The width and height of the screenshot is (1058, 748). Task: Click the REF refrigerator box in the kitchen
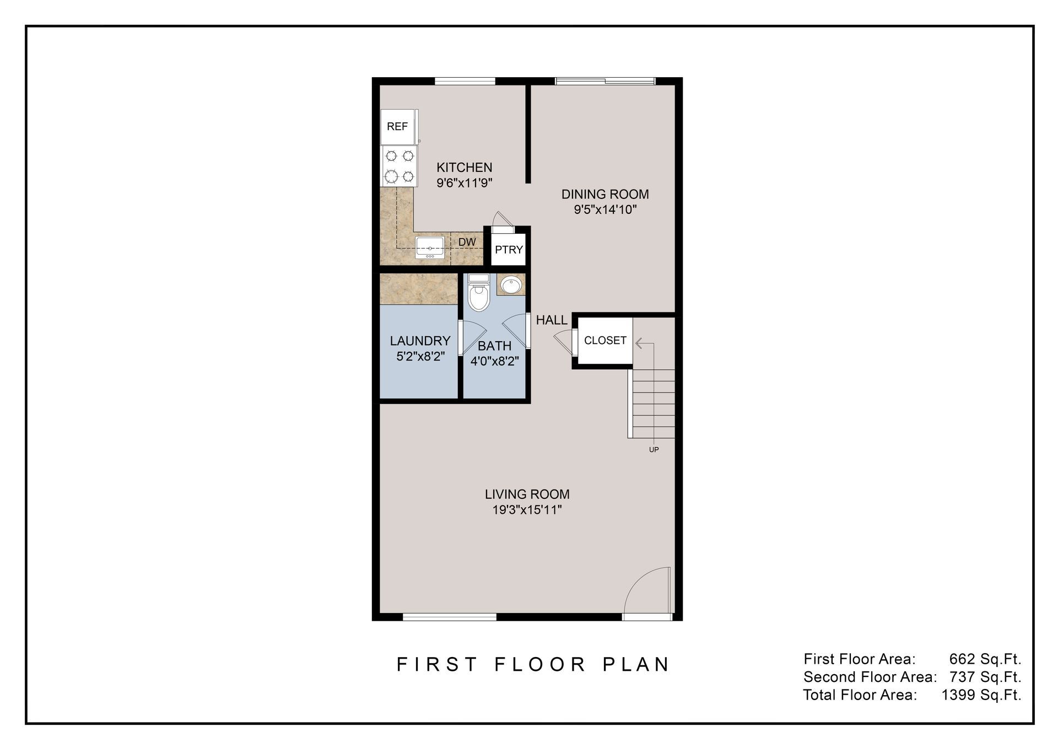(397, 127)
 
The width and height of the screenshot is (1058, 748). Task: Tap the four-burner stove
(399, 166)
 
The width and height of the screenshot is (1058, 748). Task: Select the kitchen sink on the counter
(430, 248)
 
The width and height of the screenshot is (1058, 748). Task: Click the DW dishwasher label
(467, 242)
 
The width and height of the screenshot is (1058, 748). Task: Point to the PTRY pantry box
(508, 250)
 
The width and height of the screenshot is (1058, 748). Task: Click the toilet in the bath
(478, 294)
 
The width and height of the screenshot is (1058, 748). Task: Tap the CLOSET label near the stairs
(605, 341)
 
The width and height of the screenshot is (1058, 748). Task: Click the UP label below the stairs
(654, 450)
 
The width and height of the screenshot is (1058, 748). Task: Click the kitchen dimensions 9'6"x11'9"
(464, 183)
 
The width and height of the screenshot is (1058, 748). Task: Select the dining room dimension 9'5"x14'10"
(605, 209)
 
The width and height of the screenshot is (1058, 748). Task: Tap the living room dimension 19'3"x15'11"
(527, 510)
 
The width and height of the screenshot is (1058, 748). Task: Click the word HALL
(552, 320)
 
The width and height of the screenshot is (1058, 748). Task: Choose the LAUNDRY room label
(420, 341)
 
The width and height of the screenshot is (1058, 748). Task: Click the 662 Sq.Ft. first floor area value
(985, 659)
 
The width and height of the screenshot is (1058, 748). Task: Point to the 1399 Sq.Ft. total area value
(981, 695)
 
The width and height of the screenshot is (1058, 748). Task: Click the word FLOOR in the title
(539, 665)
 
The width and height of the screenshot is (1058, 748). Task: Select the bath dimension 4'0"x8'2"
(494, 362)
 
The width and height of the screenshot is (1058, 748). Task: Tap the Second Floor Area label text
(870, 677)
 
